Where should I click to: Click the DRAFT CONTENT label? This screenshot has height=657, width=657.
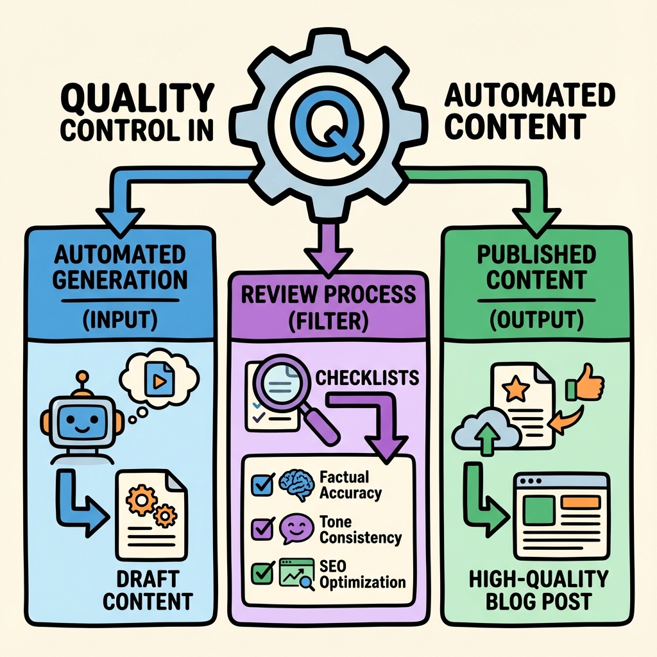[148, 590]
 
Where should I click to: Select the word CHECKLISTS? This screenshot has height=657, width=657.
[367, 377]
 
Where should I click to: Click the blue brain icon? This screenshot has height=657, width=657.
[294, 484]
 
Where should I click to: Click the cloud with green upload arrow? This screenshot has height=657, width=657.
[485, 434]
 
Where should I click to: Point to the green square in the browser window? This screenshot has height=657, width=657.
[540, 509]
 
